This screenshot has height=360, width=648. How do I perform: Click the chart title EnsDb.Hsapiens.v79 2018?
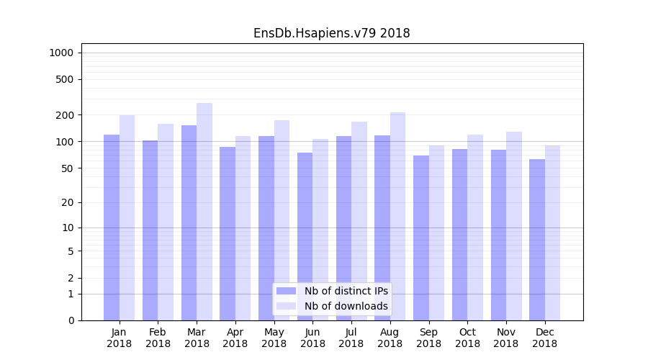click(331, 33)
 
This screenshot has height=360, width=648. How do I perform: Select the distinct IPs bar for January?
click(112, 227)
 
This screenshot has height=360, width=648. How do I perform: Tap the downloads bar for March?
click(204, 212)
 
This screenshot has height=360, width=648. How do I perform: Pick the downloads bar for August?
click(397, 216)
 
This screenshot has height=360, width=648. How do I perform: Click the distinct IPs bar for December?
click(537, 239)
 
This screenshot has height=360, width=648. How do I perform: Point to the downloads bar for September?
click(436, 233)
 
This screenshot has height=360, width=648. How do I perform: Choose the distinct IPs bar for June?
click(305, 236)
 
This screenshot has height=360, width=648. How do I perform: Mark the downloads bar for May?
click(282, 220)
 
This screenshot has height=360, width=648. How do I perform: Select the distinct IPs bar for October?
click(459, 234)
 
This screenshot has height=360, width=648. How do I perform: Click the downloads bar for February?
click(166, 222)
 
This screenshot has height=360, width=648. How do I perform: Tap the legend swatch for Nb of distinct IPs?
click(286, 291)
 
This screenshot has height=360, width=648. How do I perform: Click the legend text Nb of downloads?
click(346, 306)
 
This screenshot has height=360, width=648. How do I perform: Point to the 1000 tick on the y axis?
click(60, 53)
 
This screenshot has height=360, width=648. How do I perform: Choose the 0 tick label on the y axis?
click(70, 320)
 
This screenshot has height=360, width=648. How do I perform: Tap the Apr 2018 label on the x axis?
click(235, 338)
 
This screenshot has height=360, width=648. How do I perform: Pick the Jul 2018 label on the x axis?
click(351, 338)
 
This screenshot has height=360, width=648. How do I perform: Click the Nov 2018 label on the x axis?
click(505, 338)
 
